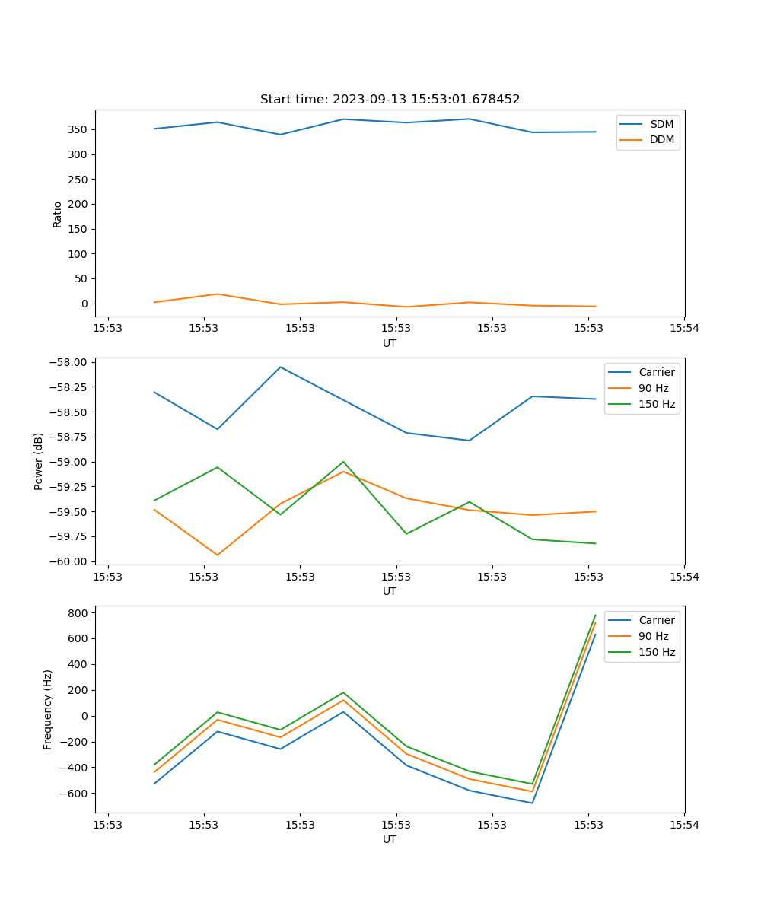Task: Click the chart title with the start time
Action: (x=390, y=100)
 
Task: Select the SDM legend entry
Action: (x=661, y=124)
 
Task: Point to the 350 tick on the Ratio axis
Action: (x=79, y=130)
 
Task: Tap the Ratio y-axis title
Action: (x=58, y=214)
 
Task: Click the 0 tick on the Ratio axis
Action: (x=84, y=304)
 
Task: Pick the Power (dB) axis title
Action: (x=39, y=461)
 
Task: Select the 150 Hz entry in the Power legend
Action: (x=657, y=404)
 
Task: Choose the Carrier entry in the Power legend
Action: (x=656, y=372)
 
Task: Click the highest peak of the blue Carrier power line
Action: (x=280, y=367)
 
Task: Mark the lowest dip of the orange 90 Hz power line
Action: (x=218, y=555)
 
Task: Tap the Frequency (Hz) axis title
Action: (x=48, y=709)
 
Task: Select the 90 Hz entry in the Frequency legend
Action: (x=653, y=636)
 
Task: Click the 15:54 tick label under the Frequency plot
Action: (x=683, y=824)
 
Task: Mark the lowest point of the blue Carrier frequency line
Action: (x=532, y=803)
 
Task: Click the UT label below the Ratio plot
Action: (x=390, y=343)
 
